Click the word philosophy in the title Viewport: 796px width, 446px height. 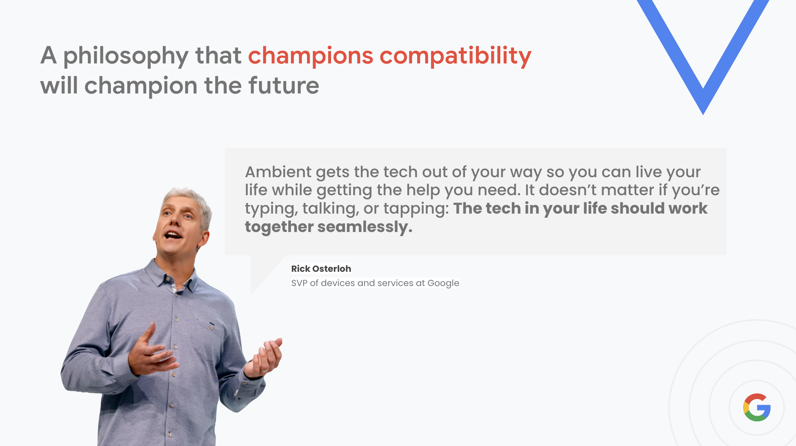(x=126, y=56)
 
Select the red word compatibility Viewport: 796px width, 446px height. (x=456, y=56)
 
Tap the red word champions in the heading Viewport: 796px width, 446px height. (x=310, y=56)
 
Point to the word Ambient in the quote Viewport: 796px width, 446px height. (x=278, y=172)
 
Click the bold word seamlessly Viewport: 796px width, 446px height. (x=365, y=227)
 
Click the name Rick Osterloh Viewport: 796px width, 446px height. (x=321, y=269)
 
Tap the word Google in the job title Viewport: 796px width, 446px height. (x=443, y=283)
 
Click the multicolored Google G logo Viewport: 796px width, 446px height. (x=757, y=407)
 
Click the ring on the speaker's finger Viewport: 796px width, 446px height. (x=265, y=370)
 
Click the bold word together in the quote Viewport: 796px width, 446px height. (x=279, y=227)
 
